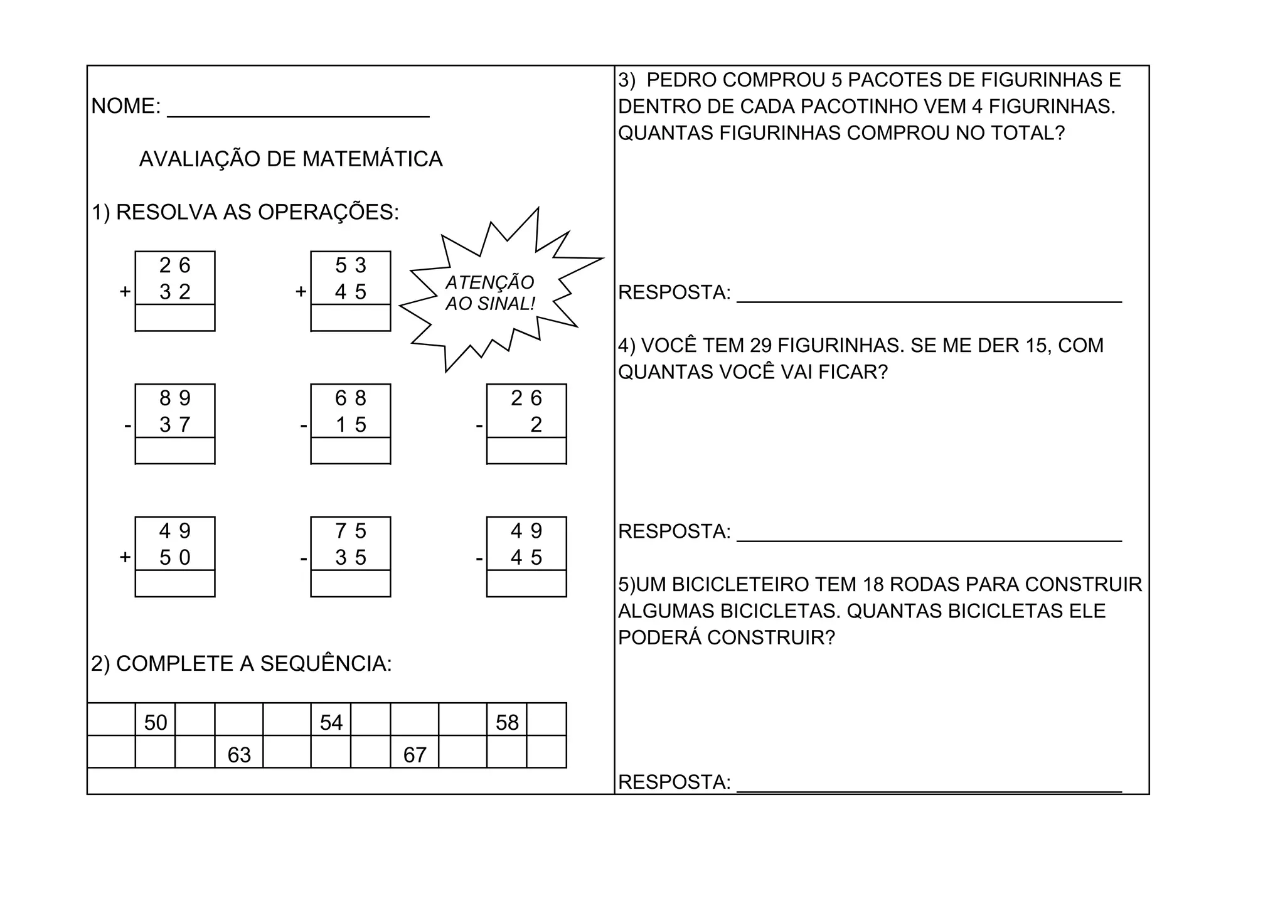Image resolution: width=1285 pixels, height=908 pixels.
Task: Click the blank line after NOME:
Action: pos(298,112)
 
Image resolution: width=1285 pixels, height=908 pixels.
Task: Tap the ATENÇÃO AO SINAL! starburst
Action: pos(490,293)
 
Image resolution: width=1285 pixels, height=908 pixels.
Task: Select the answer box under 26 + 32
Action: pos(175,318)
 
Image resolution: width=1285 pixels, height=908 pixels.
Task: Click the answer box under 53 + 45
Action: pos(351,318)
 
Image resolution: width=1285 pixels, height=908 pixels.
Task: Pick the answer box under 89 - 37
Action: pos(175,451)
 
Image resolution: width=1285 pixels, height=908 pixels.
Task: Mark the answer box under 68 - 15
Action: pos(351,451)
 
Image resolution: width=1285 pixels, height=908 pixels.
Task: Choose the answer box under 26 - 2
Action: pos(526,451)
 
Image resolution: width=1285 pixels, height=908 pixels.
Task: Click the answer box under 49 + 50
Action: pos(175,584)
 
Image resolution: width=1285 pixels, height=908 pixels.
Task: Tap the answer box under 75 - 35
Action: pos(351,584)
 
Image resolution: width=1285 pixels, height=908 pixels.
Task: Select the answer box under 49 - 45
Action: pos(526,584)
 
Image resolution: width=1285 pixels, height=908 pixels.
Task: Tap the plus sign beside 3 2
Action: pos(125,292)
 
